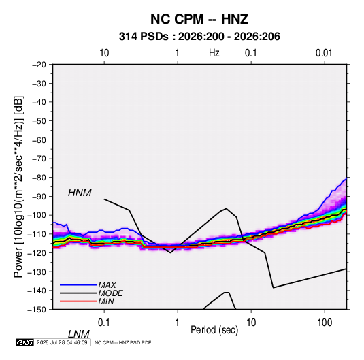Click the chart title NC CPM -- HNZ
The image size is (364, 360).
click(x=199, y=19)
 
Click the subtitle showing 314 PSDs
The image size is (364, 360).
click(x=199, y=37)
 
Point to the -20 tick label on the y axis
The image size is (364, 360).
click(x=39, y=65)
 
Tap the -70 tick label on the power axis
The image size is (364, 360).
click(x=39, y=159)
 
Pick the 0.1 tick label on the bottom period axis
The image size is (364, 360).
click(x=103, y=323)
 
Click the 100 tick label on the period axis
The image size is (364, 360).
click(x=325, y=323)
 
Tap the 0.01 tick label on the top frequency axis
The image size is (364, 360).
click(x=324, y=53)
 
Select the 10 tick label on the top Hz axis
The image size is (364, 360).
click(x=104, y=53)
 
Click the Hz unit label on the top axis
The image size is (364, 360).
click(x=214, y=53)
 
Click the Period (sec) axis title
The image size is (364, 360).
click(x=214, y=330)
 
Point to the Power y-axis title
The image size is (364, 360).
click(x=18, y=187)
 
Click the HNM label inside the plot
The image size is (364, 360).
click(x=80, y=193)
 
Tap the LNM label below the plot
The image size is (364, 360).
click(x=79, y=334)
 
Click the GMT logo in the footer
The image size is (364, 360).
click(x=25, y=342)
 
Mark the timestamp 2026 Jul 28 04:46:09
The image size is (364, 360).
click(x=62, y=342)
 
